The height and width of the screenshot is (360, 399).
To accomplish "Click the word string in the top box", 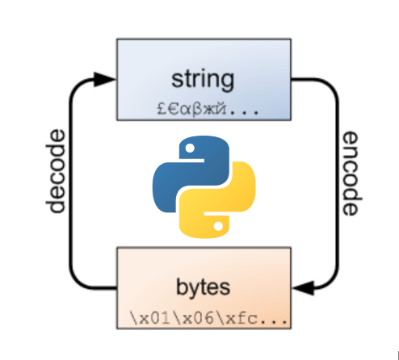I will [x=203, y=79].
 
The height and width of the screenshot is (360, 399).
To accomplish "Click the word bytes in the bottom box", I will [x=203, y=287].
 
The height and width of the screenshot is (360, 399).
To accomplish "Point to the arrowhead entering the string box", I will [x=106, y=79].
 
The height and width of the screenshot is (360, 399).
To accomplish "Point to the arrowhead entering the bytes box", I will [x=301, y=287].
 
